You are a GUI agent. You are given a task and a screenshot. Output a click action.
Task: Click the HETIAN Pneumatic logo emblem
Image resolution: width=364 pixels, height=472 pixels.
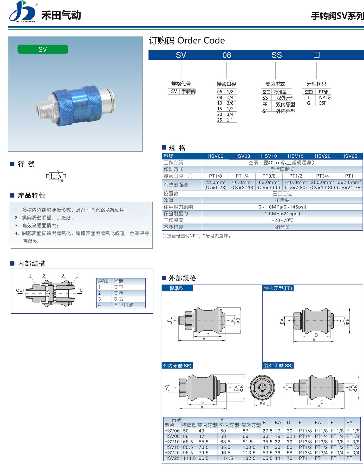(22, 11)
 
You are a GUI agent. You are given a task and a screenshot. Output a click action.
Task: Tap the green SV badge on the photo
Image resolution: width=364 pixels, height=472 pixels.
(43, 49)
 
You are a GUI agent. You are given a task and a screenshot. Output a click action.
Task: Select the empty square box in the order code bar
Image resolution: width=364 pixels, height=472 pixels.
(316, 55)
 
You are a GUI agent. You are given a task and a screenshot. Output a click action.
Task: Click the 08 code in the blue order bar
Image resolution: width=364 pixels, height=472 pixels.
(226, 55)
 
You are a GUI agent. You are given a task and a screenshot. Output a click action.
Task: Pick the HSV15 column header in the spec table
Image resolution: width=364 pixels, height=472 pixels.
(296, 156)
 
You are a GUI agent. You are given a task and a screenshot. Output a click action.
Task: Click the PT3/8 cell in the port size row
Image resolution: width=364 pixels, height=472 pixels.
(269, 176)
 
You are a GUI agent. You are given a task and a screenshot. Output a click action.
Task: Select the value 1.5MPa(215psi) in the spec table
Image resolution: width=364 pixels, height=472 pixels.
(282, 214)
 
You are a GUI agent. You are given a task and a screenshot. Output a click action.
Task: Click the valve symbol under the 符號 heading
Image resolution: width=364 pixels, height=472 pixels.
(56, 176)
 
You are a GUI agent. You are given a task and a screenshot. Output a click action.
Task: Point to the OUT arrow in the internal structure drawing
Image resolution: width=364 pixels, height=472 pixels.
(20, 293)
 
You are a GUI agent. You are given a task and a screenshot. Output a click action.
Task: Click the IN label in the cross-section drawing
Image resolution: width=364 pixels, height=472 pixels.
(81, 291)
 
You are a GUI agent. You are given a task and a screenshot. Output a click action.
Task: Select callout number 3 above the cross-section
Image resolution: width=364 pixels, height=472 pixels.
(63, 276)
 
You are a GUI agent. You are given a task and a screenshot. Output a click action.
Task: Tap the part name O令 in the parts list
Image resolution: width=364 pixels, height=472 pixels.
(119, 299)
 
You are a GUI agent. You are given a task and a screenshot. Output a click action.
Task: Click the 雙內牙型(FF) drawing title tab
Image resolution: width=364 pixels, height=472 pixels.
(278, 288)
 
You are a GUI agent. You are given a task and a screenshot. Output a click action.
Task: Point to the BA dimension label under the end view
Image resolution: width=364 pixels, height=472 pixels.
(263, 404)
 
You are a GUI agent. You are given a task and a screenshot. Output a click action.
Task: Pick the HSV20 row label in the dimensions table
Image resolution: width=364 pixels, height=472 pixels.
(172, 453)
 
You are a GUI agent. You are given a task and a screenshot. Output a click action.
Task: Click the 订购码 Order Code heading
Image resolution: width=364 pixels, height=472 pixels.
(187, 41)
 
